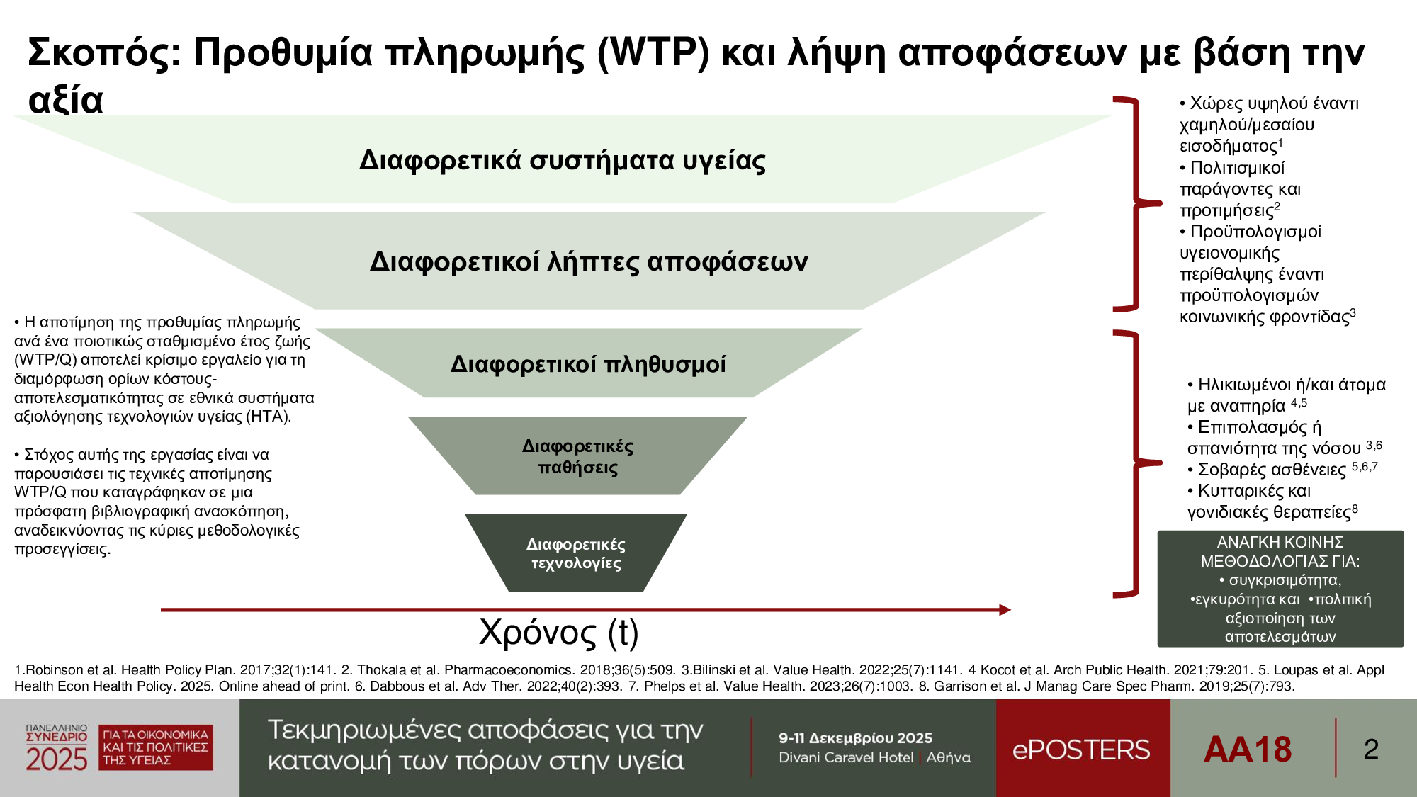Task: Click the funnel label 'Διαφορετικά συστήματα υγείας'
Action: (563, 161)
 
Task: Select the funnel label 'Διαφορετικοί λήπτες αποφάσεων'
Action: (589, 262)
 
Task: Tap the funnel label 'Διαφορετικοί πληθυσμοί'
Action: (588, 365)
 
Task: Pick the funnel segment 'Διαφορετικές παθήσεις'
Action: (577, 456)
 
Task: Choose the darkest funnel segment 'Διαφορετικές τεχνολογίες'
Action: (576, 553)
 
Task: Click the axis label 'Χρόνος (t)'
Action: (559, 632)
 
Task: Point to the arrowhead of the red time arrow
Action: (1005, 609)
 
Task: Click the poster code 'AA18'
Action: (1248, 750)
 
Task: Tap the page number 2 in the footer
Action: (1371, 749)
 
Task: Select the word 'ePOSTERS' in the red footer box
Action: (1081, 750)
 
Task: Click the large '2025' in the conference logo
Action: (57, 759)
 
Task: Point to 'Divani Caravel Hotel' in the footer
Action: (846, 757)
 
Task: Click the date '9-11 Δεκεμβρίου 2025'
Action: (855, 738)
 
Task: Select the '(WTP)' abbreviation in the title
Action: (653, 52)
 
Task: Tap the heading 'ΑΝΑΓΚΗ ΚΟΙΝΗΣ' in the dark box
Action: (1280, 542)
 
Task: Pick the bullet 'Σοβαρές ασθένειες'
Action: (1272, 470)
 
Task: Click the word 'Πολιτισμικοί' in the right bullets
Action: (1237, 168)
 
